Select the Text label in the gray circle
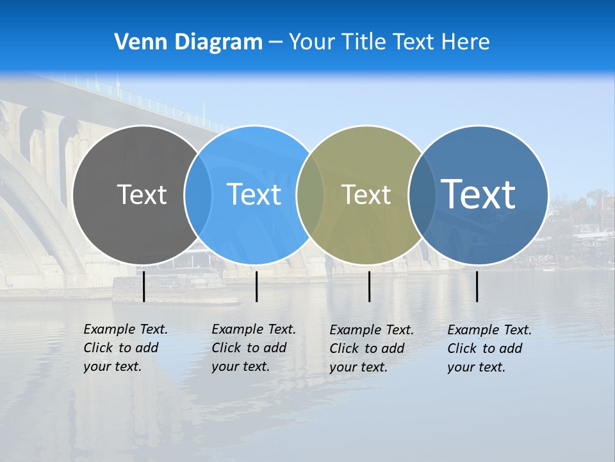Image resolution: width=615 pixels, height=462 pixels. pyautogui.click(x=142, y=194)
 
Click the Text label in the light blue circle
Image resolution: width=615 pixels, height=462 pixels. pyautogui.click(x=254, y=194)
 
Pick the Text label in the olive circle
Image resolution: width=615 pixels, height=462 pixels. pyautogui.click(x=366, y=194)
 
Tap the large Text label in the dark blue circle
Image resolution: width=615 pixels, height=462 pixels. pyautogui.click(x=478, y=194)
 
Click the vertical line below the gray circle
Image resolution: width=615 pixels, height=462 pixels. pyautogui.click(x=143, y=286)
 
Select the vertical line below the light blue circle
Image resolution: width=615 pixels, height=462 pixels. pyautogui.click(x=256, y=286)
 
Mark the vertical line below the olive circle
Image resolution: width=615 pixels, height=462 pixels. pyautogui.click(x=369, y=286)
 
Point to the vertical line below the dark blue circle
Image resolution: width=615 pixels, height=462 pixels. pyautogui.click(x=477, y=286)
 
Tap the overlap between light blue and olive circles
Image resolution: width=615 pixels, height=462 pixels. pyautogui.click(x=310, y=194)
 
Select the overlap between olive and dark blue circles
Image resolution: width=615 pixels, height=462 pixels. pyautogui.click(x=422, y=194)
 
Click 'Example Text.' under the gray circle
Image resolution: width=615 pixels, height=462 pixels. pyautogui.click(x=126, y=329)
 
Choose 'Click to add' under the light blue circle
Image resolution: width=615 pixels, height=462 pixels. pyautogui.click(x=249, y=348)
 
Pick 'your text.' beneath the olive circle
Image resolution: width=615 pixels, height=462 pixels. pyautogui.click(x=358, y=367)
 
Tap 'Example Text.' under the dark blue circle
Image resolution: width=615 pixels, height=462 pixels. pyautogui.click(x=489, y=330)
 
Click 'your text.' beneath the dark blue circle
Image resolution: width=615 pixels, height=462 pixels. pyautogui.click(x=476, y=367)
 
